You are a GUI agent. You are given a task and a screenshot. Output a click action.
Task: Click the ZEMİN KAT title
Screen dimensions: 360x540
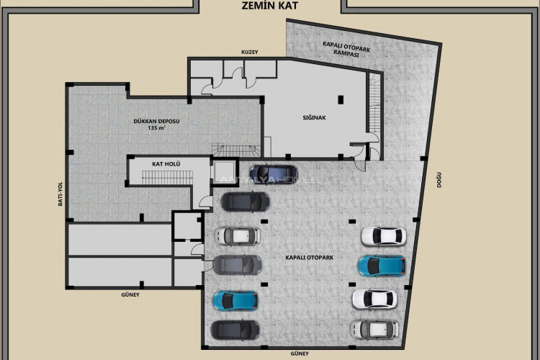270,6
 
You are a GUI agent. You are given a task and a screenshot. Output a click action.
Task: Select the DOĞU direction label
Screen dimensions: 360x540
438,179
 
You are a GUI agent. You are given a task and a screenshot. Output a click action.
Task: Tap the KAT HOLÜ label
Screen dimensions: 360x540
166,164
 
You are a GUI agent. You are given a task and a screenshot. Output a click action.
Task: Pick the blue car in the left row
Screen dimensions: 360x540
235,300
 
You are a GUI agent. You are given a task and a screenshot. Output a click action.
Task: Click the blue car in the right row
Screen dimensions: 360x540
382,265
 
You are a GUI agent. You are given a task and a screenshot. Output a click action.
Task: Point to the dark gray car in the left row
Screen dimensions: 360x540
237,264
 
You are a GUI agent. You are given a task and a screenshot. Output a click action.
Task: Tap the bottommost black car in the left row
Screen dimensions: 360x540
235,330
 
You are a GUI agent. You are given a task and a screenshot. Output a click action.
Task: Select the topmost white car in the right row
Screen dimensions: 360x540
383,235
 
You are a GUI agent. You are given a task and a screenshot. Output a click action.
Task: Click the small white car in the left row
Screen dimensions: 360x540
238,235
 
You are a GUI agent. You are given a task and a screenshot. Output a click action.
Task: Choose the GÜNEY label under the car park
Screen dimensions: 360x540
299,354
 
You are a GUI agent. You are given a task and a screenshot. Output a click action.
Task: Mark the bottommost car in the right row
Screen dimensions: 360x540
374,329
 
